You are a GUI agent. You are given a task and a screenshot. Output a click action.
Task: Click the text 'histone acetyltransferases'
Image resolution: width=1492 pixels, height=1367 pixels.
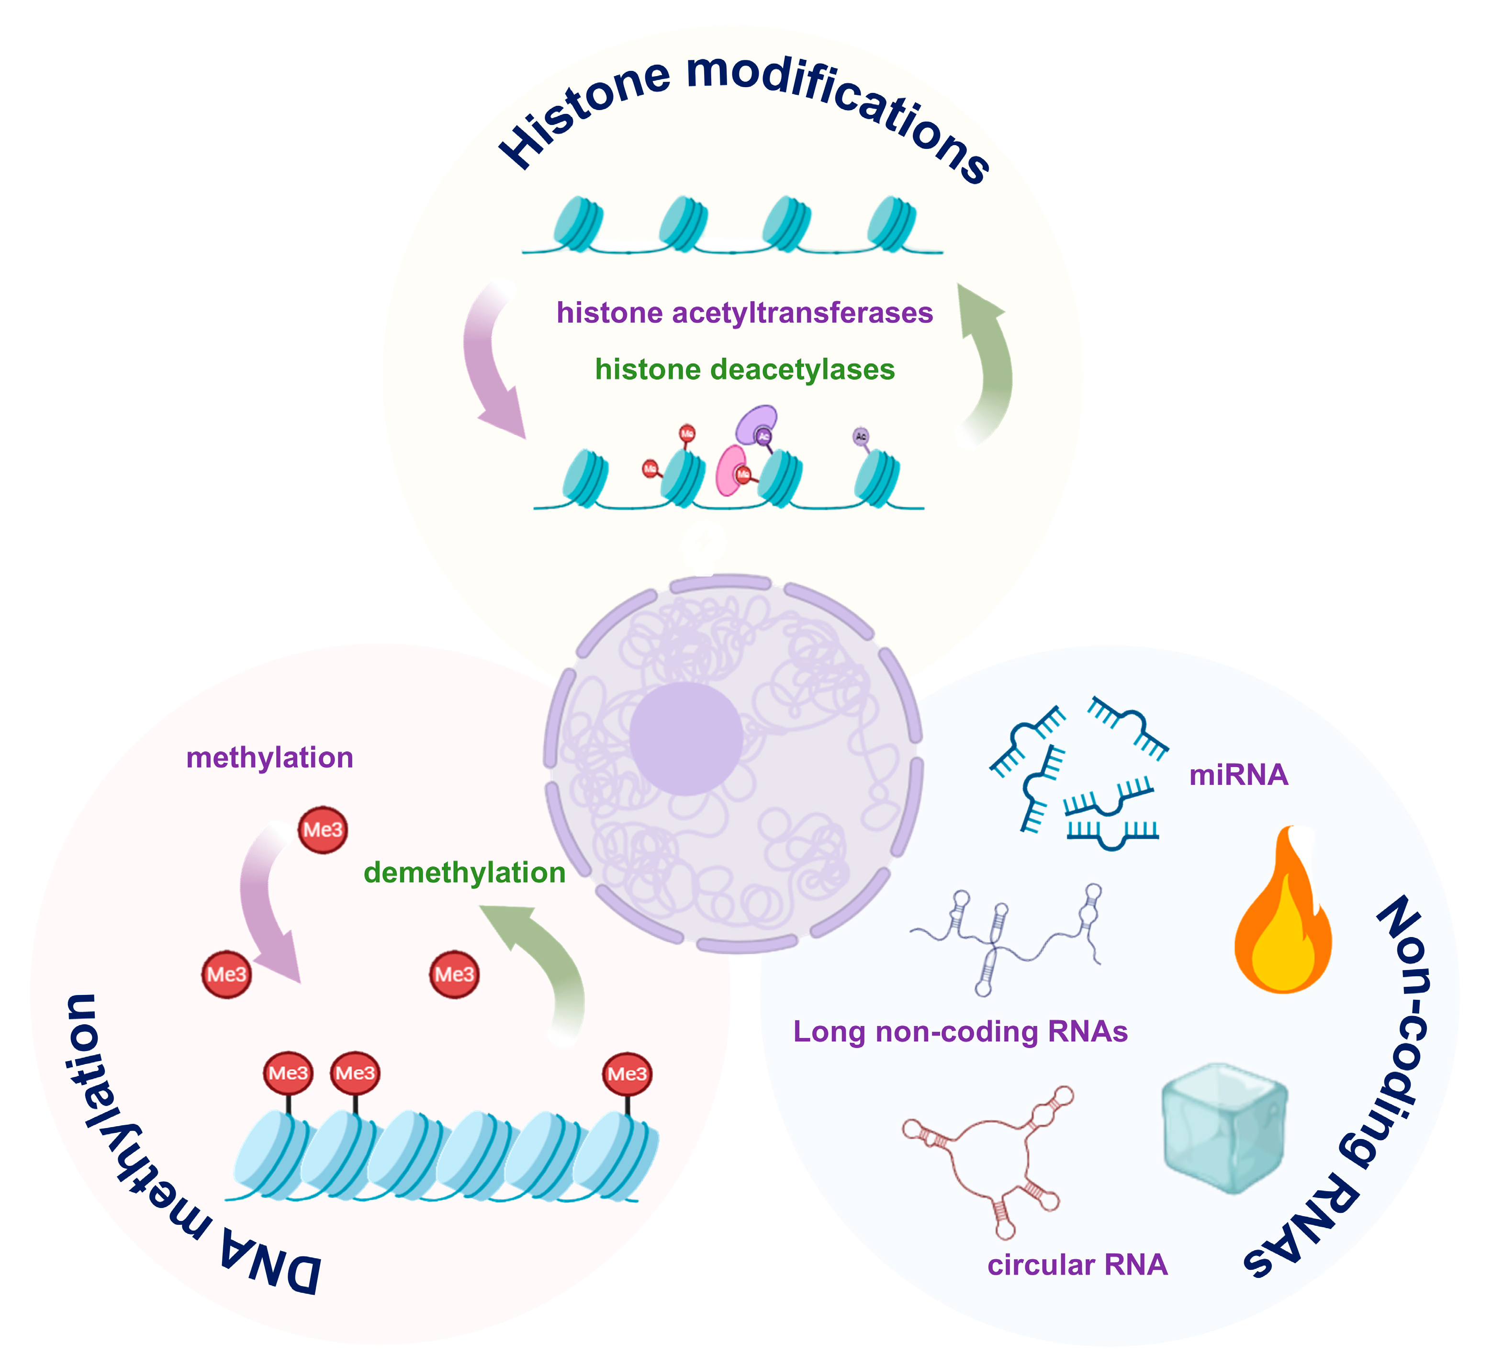[x=744, y=313]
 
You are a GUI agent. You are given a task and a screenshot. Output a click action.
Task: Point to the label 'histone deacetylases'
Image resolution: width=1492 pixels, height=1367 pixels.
[x=744, y=369]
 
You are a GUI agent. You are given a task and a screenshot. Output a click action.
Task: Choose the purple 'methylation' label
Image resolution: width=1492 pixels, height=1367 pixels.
[x=269, y=758]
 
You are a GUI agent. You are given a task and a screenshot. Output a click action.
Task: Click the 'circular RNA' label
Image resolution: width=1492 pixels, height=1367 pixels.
[x=1077, y=1265]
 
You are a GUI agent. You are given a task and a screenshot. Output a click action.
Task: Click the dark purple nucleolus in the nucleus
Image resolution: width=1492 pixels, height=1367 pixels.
[x=686, y=739]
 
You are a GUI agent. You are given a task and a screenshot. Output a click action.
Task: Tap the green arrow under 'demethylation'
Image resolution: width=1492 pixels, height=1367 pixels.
[x=544, y=962]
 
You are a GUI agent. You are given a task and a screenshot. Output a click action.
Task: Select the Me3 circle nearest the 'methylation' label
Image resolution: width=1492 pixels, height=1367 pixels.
[x=323, y=830]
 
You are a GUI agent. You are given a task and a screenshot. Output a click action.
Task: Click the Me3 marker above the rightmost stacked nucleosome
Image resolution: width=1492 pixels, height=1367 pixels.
[x=627, y=1074]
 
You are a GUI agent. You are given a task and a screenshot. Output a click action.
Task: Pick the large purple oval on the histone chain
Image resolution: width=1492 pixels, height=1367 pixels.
[x=756, y=423]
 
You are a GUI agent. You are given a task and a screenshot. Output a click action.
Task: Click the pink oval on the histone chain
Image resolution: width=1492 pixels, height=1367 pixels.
[x=731, y=470]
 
